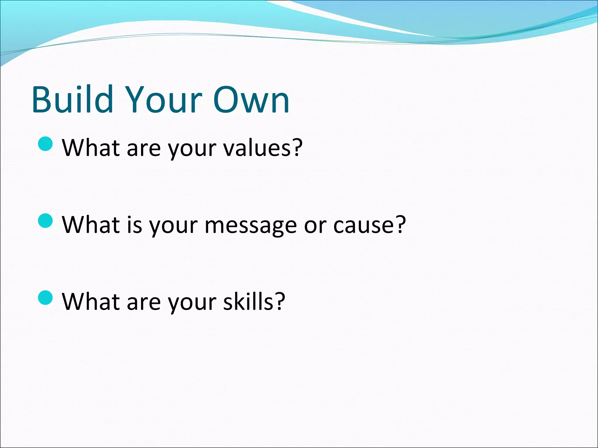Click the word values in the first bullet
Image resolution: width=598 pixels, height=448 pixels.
point(257,148)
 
